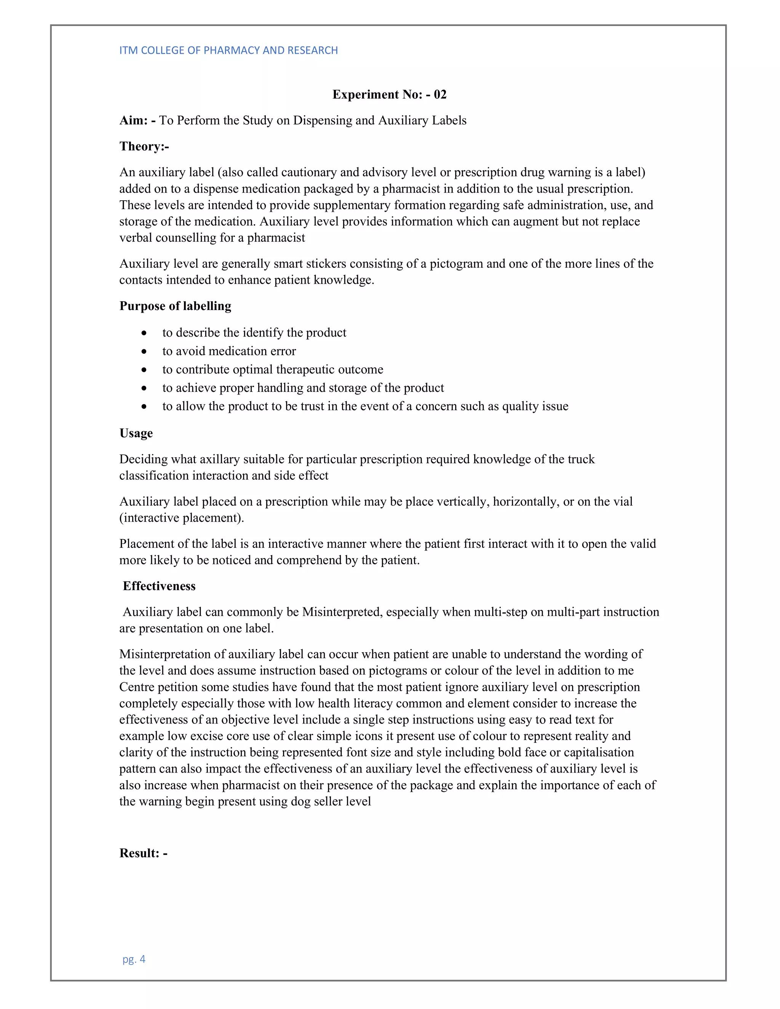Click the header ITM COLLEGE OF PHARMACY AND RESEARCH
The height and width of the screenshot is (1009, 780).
coord(228,50)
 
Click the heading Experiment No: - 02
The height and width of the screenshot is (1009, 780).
coord(389,94)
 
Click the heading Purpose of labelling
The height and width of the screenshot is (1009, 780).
coord(175,306)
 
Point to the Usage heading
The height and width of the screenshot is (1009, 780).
coord(136,433)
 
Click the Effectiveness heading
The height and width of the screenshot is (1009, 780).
coord(159,586)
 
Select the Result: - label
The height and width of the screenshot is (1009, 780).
coord(143,853)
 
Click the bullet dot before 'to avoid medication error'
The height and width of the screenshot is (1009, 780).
coord(145,351)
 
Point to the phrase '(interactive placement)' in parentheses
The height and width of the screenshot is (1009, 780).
coord(181,517)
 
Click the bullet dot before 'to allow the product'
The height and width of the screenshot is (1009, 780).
coord(145,407)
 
